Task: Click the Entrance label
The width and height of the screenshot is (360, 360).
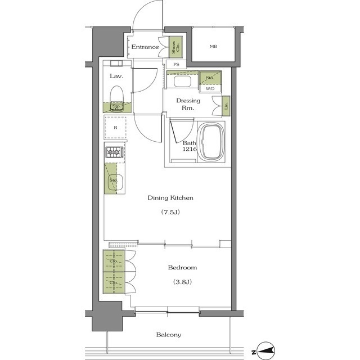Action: (x=145, y=47)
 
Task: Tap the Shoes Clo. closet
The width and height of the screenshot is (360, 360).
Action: (x=175, y=47)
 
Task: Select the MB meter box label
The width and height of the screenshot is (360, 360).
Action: (x=213, y=46)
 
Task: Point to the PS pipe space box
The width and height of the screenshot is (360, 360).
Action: (x=176, y=64)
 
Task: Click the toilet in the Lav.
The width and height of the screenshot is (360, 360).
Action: (x=116, y=98)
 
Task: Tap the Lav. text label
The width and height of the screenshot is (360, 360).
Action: (x=116, y=76)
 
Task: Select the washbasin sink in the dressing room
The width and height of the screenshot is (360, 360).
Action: (x=182, y=81)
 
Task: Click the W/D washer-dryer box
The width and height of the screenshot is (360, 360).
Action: (x=210, y=89)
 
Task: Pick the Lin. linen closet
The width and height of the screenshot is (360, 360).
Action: (x=226, y=106)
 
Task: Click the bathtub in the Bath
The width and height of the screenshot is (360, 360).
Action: (x=211, y=142)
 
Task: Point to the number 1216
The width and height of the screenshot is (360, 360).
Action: (x=190, y=149)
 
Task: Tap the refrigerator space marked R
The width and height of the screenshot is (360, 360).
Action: (x=115, y=128)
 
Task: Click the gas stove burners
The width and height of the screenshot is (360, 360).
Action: (x=114, y=152)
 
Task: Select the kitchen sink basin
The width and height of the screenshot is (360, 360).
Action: (x=115, y=182)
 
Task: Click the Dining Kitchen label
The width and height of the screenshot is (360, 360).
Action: (x=170, y=197)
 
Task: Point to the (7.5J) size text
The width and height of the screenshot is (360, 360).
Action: (x=170, y=212)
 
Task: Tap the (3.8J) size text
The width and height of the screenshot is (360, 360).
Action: (x=182, y=282)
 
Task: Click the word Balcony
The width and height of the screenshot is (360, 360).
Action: (x=169, y=335)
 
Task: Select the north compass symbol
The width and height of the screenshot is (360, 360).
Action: (x=265, y=350)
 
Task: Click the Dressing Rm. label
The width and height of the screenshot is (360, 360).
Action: (x=188, y=104)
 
